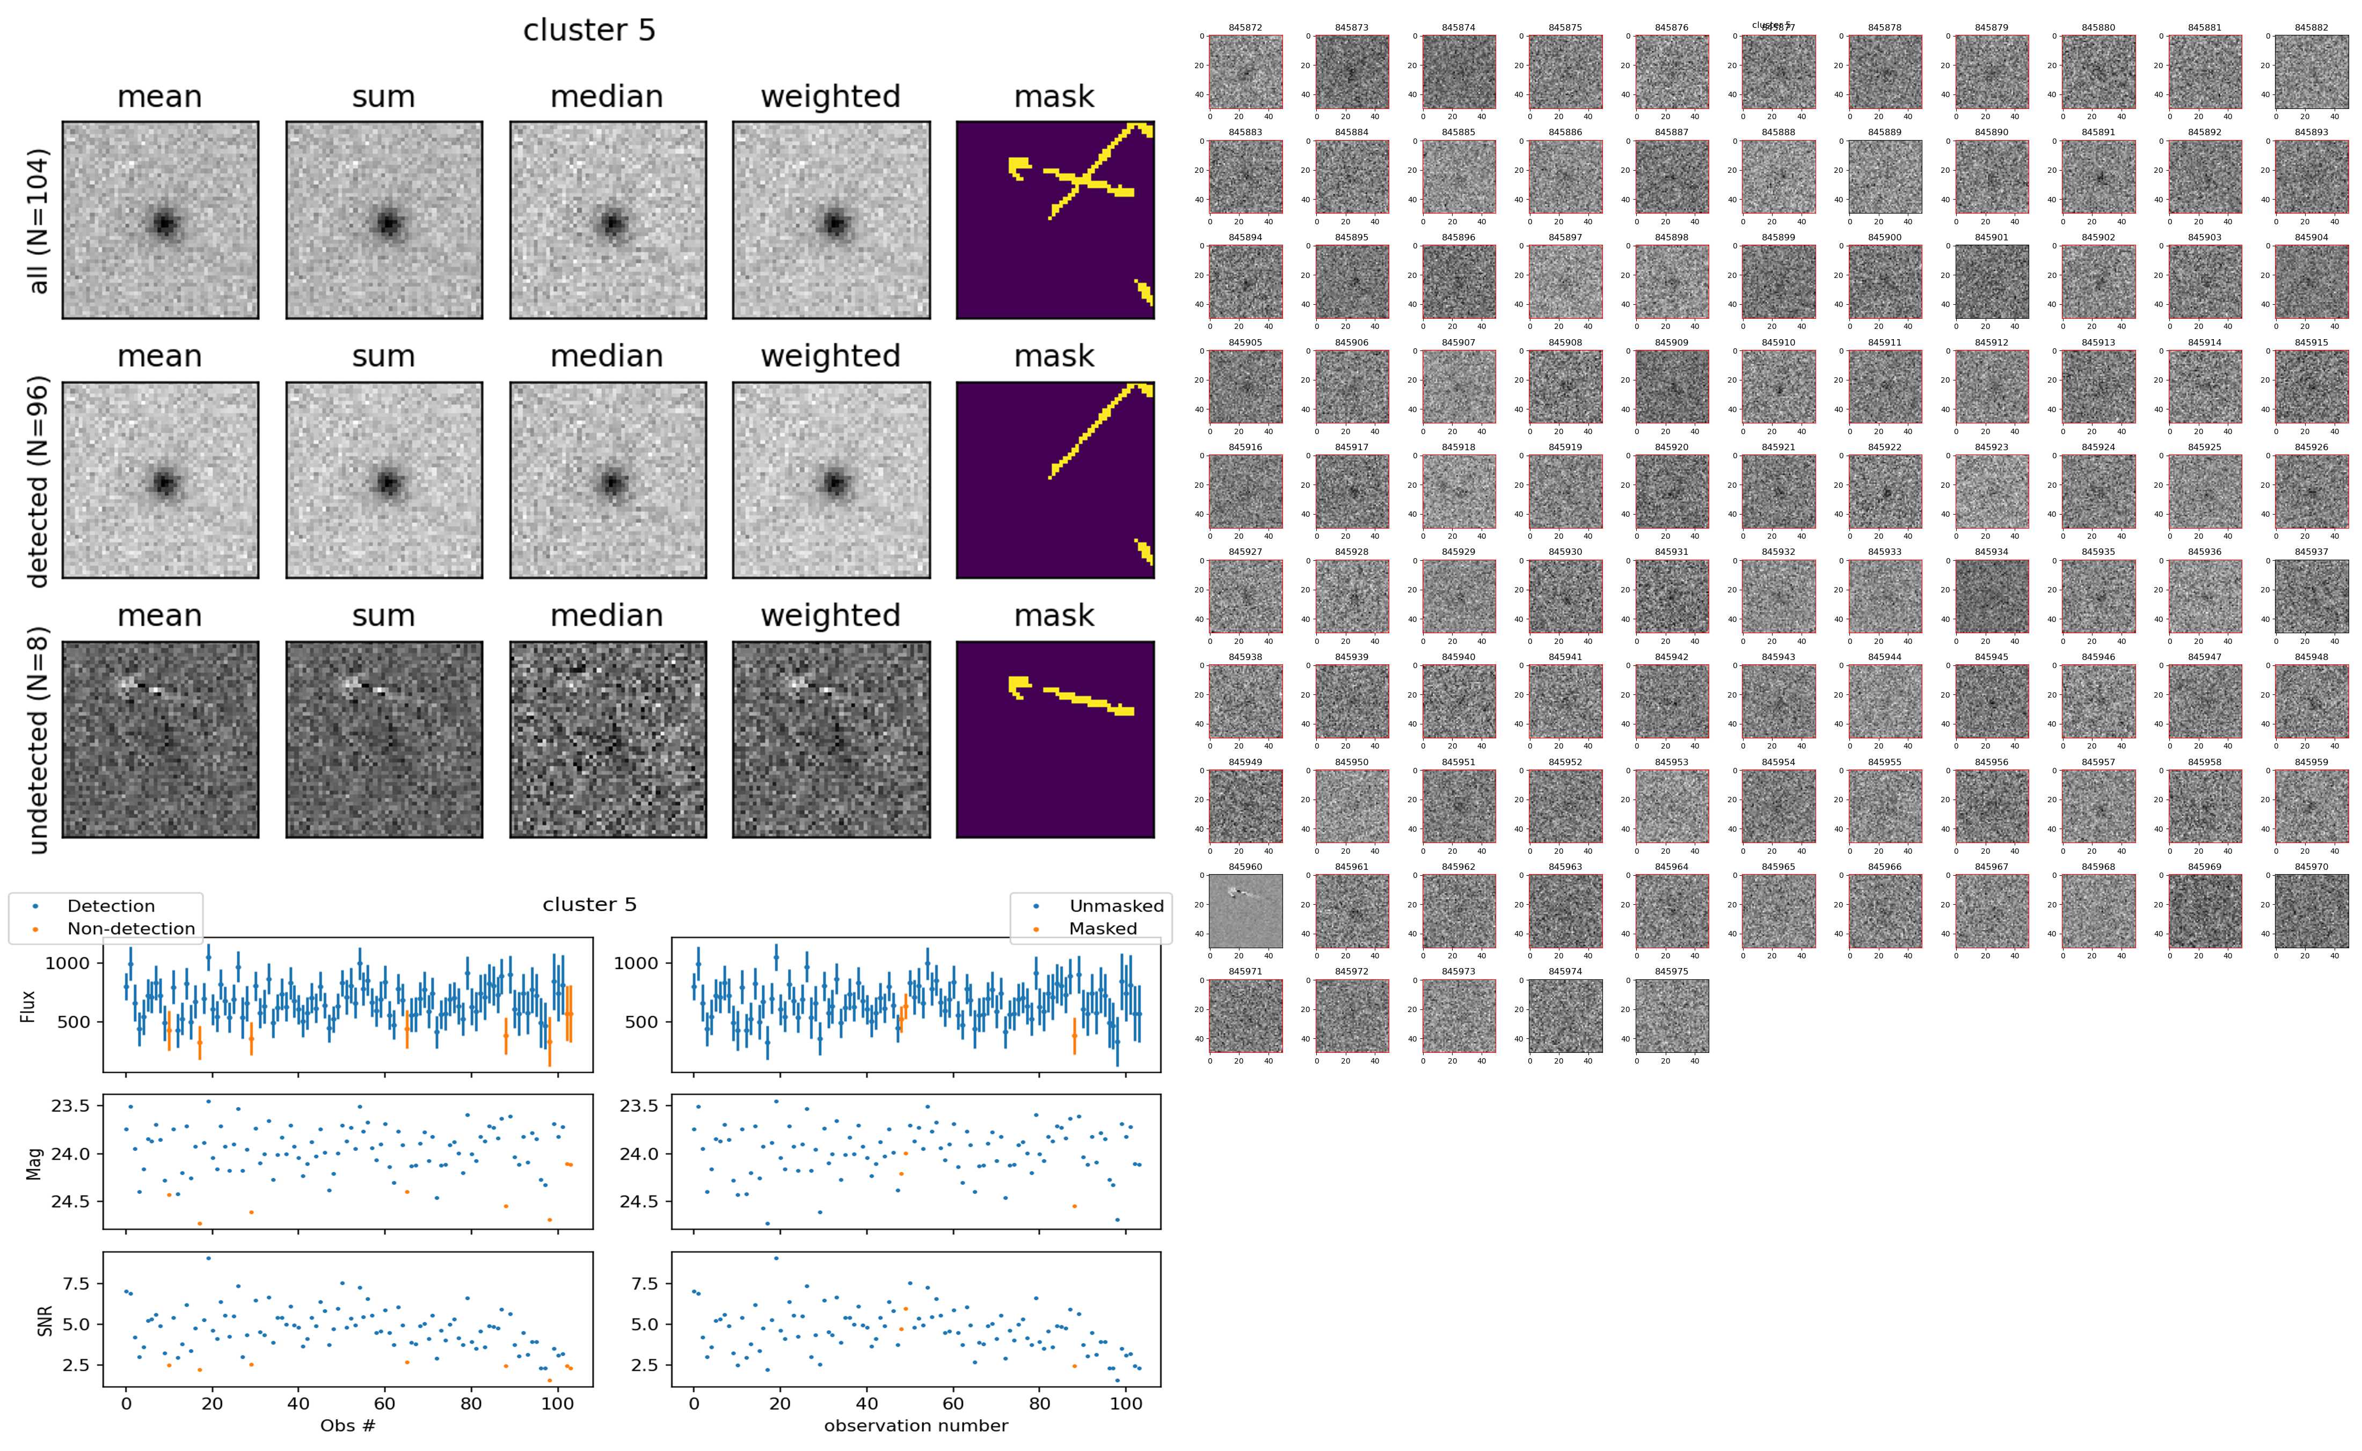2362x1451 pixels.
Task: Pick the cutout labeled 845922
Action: (x=1884, y=492)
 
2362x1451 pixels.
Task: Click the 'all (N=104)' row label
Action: (x=39, y=221)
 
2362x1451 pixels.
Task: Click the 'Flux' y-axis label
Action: (x=29, y=1005)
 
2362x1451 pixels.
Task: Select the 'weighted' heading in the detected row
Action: (x=830, y=356)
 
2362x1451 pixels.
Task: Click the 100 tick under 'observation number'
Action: (x=1126, y=1403)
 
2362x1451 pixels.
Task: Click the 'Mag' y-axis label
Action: (x=34, y=1161)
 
